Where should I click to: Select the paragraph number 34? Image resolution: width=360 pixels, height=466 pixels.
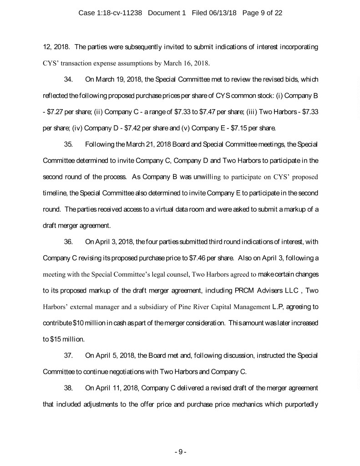[69, 80]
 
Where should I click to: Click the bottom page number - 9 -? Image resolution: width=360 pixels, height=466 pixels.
[180, 451]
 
